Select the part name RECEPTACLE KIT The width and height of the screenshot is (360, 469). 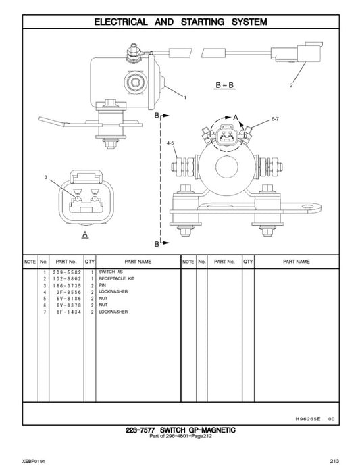point(118,278)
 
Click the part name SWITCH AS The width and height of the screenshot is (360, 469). point(111,272)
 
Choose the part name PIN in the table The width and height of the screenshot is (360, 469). point(103,285)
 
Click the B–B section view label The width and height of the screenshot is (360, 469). point(225,85)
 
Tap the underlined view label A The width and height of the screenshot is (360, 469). point(85,234)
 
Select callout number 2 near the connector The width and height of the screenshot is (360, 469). point(291,86)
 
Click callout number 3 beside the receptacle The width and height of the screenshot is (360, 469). point(45,177)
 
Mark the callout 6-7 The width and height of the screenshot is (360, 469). point(275,119)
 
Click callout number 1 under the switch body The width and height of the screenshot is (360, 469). point(184,99)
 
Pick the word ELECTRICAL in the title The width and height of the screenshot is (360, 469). point(121,22)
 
